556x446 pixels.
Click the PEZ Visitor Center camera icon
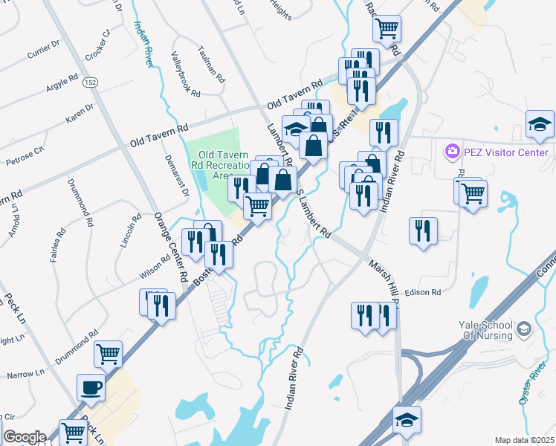point(452,152)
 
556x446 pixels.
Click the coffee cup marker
point(91,388)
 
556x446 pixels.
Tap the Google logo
point(25,436)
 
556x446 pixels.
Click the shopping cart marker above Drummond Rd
point(109,355)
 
